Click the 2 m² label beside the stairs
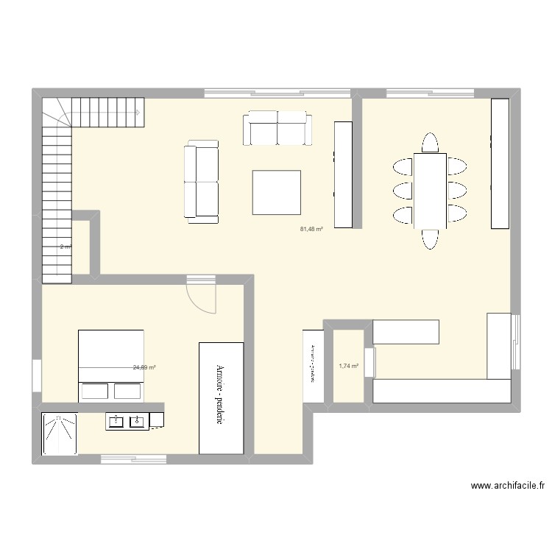click(x=65, y=247)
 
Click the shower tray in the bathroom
click(x=59, y=434)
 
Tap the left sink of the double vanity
click(x=116, y=422)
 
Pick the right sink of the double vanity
click(x=137, y=422)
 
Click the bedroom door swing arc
click(x=202, y=298)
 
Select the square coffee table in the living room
click(x=277, y=192)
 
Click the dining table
click(x=430, y=191)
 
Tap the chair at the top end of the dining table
click(x=430, y=142)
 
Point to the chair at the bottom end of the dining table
click(x=430, y=239)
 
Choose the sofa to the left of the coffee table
click(x=202, y=181)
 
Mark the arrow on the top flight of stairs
click(x=138, y=113)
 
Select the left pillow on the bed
click(x=94, y=390)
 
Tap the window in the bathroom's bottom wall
click(x=132, y=460)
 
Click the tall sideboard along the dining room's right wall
click(x=500, y=163)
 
